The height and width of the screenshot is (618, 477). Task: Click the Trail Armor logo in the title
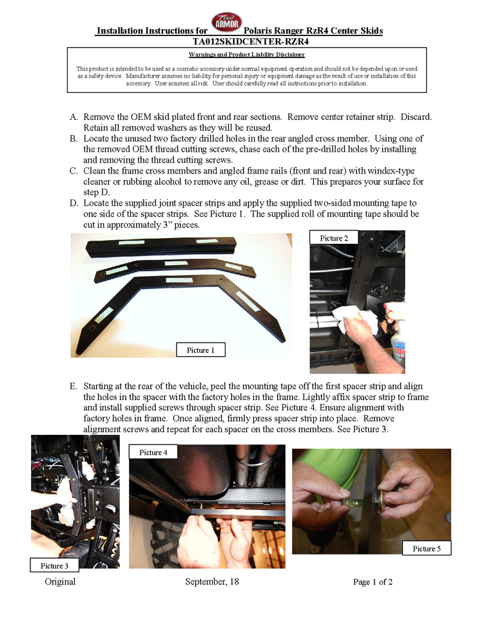tap(226, 22)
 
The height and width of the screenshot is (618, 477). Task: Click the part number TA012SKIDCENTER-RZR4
tap(251, 41)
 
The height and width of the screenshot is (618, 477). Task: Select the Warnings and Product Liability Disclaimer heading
tap(247, 54)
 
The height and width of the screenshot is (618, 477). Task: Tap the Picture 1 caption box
tap(200, 350)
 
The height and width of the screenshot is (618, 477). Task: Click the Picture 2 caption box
tap(334, 238)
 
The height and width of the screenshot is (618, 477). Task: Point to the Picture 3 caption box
tap(54, 566)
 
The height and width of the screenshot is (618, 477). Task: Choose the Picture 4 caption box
tap(153, 452)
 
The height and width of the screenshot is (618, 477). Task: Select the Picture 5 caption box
tap(427, 548)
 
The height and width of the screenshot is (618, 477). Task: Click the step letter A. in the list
tap(74, 117)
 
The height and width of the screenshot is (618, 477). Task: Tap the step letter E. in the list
tap(73, 386)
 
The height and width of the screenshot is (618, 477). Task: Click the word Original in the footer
tap(60, 582)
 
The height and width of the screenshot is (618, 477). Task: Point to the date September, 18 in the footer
tap(212, 582)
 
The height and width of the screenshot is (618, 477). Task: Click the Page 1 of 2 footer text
tap(373, 582)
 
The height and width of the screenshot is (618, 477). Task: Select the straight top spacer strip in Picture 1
tap(162, 246)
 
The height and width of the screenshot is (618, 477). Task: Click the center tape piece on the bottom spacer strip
tap(179, 280)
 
